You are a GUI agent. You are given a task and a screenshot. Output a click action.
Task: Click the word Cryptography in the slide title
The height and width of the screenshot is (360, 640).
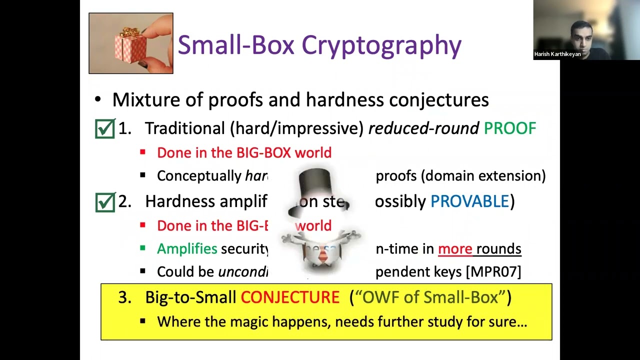381,45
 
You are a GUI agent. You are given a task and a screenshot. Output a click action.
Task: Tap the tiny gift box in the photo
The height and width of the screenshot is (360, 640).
130,46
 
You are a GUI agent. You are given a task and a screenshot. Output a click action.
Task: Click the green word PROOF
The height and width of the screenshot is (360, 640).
509,128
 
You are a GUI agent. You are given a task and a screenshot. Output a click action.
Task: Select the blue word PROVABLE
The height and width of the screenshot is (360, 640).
469,201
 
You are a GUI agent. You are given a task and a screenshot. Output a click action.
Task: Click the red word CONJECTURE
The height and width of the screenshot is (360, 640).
290,297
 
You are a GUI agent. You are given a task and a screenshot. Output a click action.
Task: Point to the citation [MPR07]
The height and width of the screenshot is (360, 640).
493,271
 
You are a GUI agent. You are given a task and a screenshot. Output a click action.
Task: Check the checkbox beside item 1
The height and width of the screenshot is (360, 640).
105,128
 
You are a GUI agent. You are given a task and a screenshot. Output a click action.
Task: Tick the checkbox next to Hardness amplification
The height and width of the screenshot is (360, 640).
105,201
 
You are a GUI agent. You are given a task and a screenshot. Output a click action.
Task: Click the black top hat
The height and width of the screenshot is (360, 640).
315,186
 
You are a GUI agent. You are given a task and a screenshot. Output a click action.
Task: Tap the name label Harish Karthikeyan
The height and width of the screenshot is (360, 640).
557,54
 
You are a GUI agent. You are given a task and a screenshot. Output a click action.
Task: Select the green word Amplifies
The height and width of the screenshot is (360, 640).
187,248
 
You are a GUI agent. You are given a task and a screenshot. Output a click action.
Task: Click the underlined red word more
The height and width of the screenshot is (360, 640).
455,248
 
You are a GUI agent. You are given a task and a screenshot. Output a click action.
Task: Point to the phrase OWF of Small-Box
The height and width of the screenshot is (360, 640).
430,297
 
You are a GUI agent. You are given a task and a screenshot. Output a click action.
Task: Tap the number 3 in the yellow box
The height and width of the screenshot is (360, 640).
124,297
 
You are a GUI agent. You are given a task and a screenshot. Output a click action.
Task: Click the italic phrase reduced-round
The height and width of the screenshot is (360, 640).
423,128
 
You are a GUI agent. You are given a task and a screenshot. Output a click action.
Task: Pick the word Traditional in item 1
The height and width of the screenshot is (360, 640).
185,128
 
